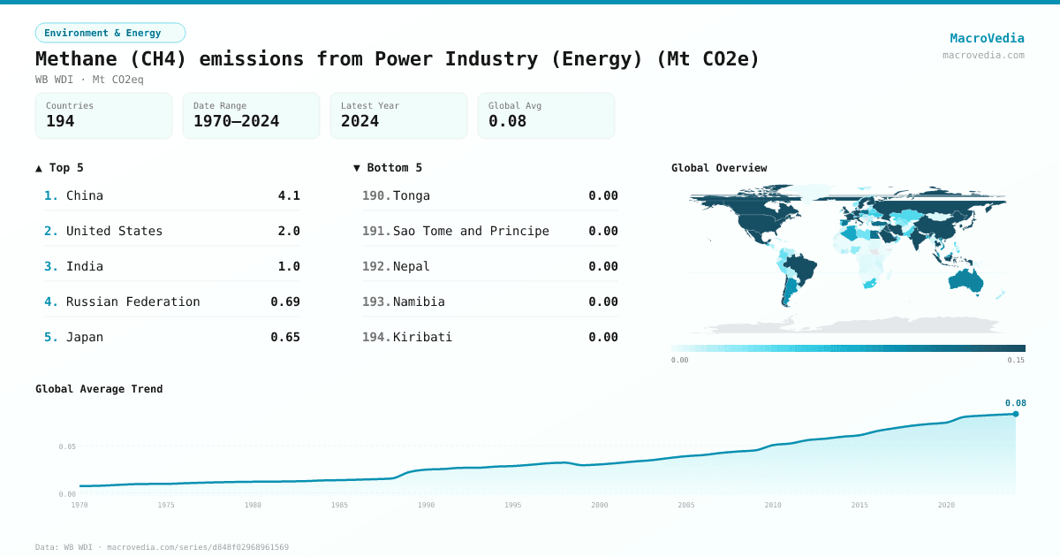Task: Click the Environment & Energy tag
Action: tap(110, 33)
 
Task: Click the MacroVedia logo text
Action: tap(987, 38)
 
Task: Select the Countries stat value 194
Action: tap(60, 121)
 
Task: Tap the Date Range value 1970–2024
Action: tap(236, 121)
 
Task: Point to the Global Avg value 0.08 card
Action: tap(545, 116)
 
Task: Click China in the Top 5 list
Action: tap(85, 195)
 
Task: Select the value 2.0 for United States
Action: tap(289, 231)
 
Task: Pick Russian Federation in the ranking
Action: tap(132, 301)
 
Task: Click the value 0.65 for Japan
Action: tap(285, 337)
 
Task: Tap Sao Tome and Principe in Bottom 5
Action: tap(471, 231)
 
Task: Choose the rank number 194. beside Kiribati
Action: tap(375, 337)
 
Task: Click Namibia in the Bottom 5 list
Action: tap(419, 301)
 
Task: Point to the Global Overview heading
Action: tap(719, 168)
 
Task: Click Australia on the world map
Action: tap(965, 279)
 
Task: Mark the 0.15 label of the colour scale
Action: tap(1016, 360)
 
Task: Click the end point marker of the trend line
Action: tap(1015, 414)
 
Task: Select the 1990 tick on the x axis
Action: tap(427, 505)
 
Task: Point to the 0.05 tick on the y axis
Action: tap(67, 446)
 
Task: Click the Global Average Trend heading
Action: tap(99, 389)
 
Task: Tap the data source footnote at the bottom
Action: tap(162, 547)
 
